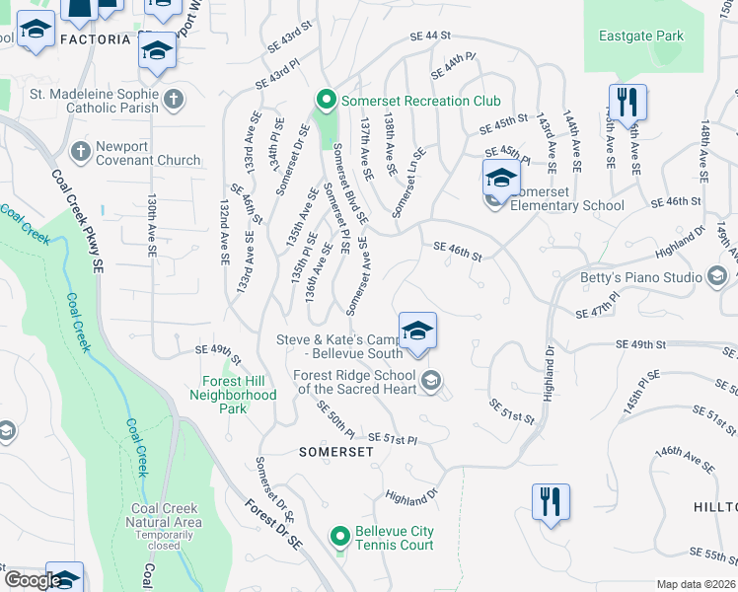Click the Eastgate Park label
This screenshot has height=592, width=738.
click(x=640, y=37)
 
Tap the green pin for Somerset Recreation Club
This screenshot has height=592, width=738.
click(x=327, y=101)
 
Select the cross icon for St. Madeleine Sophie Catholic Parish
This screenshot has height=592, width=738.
click(x=174, y=98)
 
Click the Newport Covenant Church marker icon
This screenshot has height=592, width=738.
click(x=81, y=151)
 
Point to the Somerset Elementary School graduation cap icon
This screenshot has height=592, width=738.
click(x=501, y=179)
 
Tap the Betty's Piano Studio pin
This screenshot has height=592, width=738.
click(x=717, y=277)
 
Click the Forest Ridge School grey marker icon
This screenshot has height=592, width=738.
click(x=431, y=381)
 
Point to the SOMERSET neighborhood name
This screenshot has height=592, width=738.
click(x=335, y=451)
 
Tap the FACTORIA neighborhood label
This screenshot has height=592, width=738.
click(x=95, y=39)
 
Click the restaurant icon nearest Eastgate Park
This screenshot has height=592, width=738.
click(x=627, y=101)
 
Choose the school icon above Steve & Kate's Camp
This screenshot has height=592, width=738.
click(x=417, y=330)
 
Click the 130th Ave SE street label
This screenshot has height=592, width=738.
click(x=152, y=226)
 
